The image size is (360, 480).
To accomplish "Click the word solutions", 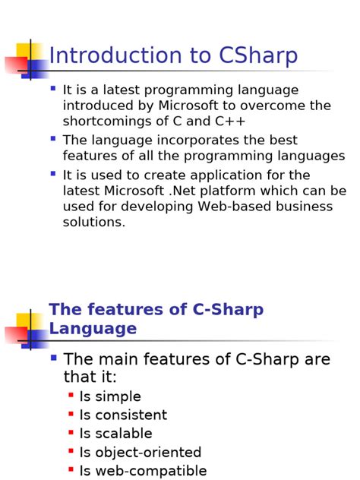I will (x=93, y=223).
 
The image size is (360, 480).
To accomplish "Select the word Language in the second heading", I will (x=93, y=329).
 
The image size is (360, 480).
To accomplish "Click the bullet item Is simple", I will (x=110, y=396).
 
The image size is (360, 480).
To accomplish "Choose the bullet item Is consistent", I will (x=123, y=415).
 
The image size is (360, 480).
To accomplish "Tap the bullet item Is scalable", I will (x=115, y=434).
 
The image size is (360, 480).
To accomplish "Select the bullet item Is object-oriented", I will (x=140, y=453).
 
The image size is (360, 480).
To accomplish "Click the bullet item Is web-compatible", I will (x=143, y=471).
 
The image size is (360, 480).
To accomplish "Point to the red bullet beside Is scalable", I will (x=71, y=431).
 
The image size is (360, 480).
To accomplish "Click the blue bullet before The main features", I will (x=53, y=357).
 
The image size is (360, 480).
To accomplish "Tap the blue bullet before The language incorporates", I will (x=52, y=139).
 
